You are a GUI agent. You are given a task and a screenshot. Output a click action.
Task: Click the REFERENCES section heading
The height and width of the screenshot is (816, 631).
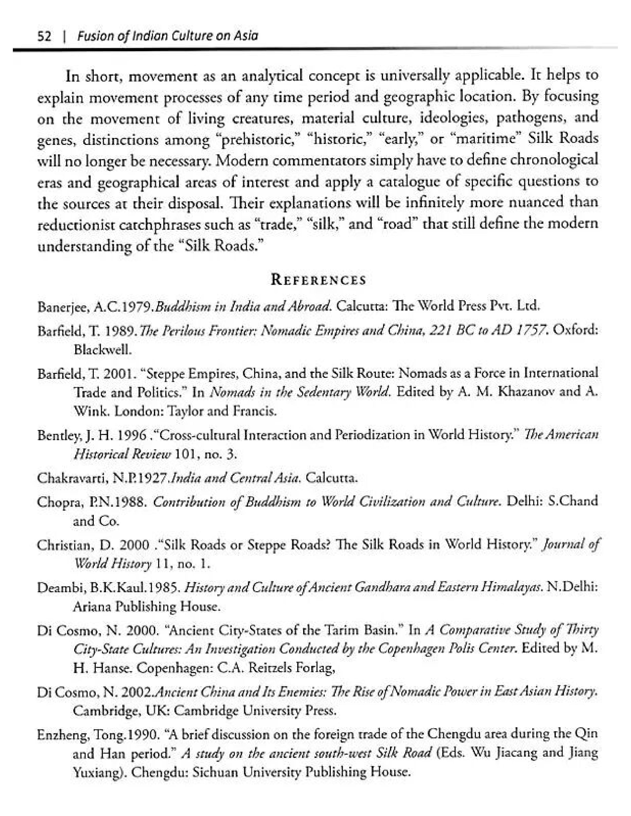click(x=318, y=280)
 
